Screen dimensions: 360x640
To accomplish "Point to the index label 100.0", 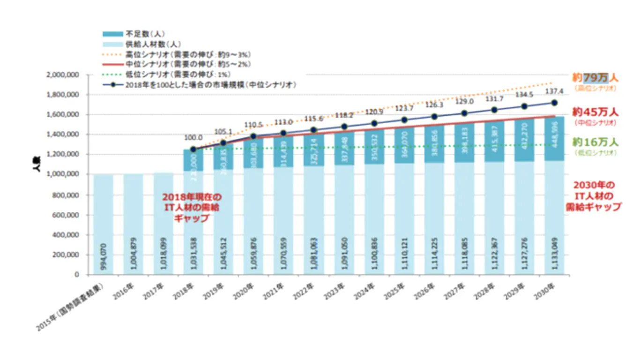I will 193,138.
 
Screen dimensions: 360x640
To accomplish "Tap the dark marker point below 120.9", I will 374,124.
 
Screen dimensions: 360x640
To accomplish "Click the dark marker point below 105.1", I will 223,143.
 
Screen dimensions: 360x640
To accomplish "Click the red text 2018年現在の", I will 192,196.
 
